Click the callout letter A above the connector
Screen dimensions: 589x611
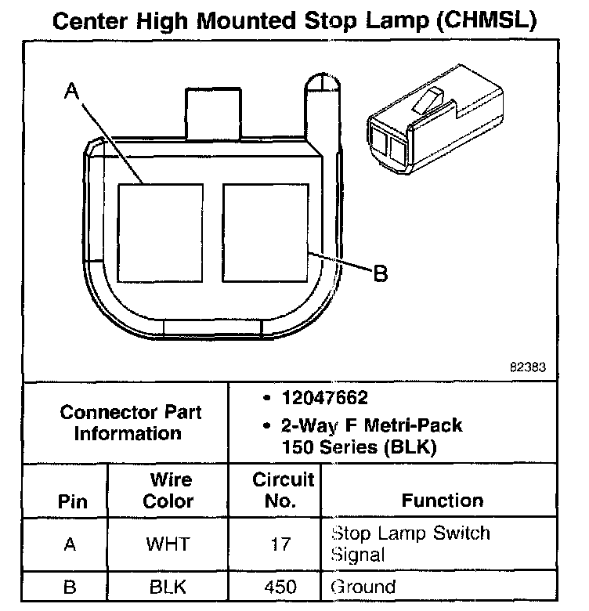coord(72,93)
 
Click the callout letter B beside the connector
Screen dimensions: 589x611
coord(380,273)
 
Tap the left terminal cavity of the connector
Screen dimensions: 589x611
coord(160,233)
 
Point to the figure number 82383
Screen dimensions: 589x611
coord(527,366)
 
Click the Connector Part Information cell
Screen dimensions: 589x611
coord(128,422)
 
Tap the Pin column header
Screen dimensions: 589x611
coord(73,501)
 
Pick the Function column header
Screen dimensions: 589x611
coord(443,501)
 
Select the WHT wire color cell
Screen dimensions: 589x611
coord(168,544)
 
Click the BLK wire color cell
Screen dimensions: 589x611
coord(168,586)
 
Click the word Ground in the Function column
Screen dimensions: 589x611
coord(364,586)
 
